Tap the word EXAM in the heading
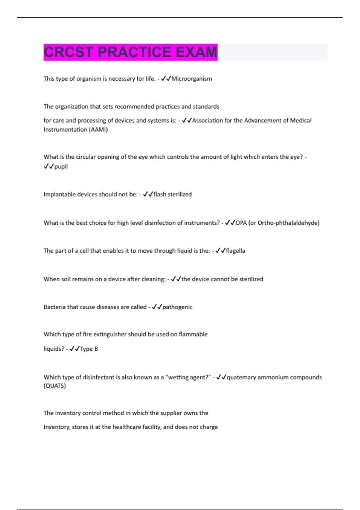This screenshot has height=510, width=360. click(196, 52)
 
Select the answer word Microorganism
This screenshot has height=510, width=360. click(192, 79)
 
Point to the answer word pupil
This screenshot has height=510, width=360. click(61, 166)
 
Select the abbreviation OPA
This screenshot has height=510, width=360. click(241, 223)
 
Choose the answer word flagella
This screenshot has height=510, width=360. click(235, 251)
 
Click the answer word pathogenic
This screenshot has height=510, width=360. click(177, 307)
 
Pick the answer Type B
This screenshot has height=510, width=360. click(89, 349)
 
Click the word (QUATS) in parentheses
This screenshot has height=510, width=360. click(55, 386)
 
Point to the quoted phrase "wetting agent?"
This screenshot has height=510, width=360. click(188, 377)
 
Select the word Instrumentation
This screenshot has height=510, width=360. click(65, 130)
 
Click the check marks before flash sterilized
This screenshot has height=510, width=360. click(148, 194)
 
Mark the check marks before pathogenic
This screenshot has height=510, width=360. click(157, 307)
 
